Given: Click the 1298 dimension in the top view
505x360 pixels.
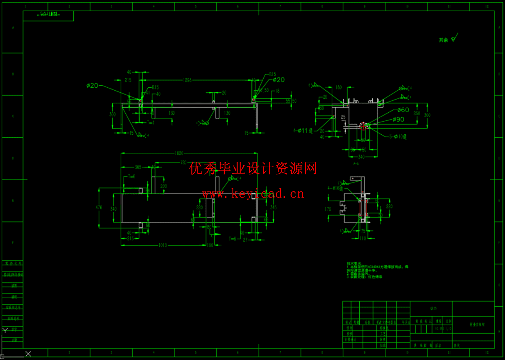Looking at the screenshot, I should point(187,80).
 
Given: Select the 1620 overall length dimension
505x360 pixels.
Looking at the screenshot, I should point(179,153).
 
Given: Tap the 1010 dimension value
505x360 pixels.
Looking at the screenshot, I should point(163,245).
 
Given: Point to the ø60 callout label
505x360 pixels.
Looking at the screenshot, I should point(403,110).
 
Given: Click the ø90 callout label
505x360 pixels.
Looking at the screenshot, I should point(398,120).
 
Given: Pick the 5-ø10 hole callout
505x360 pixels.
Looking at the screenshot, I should point(398,136).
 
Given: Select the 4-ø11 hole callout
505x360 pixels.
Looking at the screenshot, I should point(303,131).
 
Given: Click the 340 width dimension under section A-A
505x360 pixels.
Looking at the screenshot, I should point(361,157).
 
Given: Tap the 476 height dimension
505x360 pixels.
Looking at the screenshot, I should point(99,208).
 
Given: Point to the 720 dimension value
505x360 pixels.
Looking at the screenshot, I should point(183,162).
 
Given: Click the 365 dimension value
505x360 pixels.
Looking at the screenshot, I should point(138,167).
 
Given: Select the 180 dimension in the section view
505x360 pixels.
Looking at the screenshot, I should point(338,87).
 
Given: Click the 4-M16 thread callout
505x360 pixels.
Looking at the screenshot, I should point(335,188).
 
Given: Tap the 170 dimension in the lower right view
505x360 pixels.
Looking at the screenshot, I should point(328,209).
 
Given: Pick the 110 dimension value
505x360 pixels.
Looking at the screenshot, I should point(363,238).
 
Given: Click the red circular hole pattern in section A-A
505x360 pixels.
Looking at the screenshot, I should point(363,126).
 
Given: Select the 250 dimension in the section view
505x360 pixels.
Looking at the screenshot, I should point(417,113).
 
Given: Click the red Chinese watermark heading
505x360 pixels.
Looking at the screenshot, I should point(253,168).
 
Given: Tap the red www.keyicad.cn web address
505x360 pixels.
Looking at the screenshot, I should point(253,194).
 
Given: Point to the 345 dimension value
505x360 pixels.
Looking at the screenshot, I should point(273,207).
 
